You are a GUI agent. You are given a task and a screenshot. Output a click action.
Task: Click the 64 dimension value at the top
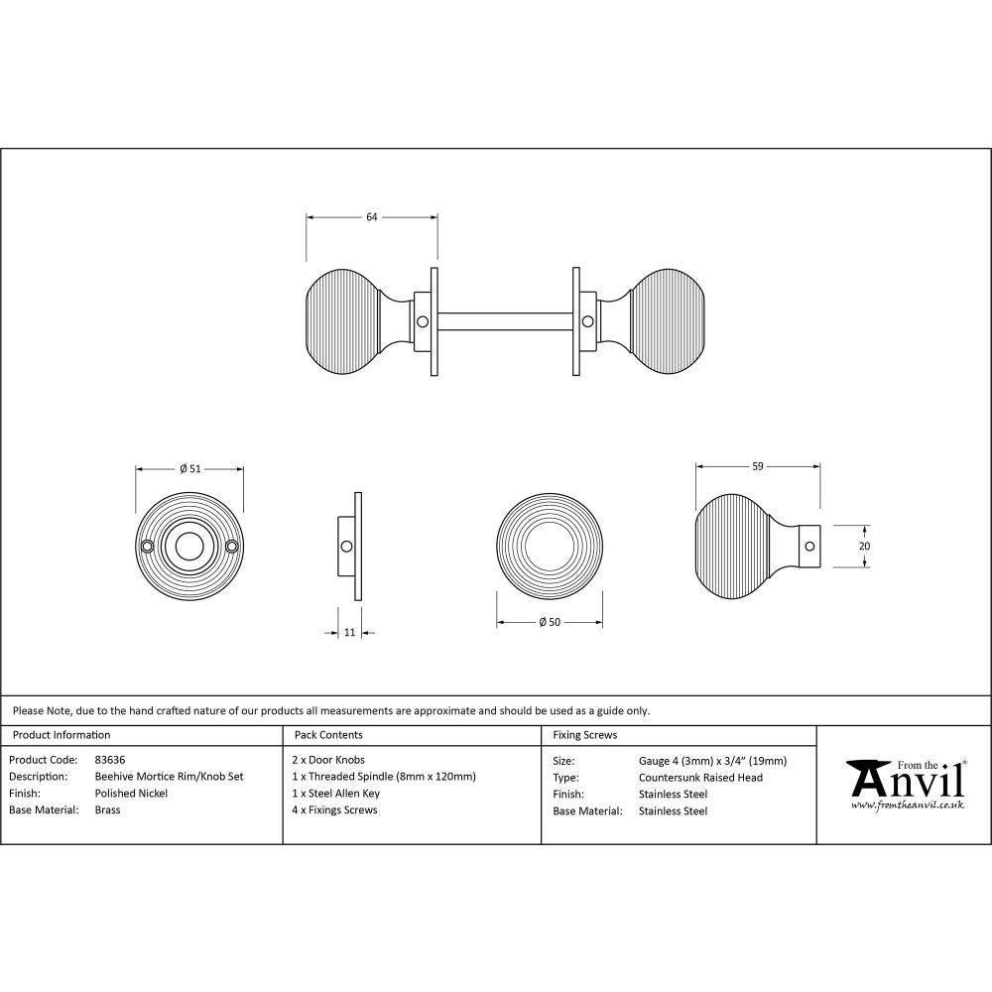[372, 217]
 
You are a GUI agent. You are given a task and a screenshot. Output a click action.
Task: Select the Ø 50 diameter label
[550, 622]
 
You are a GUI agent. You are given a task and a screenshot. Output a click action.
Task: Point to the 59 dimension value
[758, 465]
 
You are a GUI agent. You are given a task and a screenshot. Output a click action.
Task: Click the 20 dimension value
[863, 546]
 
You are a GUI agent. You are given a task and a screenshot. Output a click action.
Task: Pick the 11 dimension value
[349, 632]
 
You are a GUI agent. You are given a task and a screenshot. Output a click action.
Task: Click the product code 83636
[110, 760]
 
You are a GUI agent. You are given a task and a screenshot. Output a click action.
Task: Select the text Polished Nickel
[131, 794]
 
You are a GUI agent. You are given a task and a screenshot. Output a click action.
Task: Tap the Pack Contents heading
[328, 735]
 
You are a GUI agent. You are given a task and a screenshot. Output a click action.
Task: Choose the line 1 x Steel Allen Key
[337, 794]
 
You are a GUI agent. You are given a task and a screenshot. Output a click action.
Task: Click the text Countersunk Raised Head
[700, 778]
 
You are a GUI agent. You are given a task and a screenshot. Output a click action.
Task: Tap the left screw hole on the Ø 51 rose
[148, 547]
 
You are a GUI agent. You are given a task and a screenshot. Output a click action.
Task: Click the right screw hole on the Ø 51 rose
[232, 547]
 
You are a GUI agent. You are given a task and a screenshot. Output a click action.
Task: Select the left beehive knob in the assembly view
[343, 322]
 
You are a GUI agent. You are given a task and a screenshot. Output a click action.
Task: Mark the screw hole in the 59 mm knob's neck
[808, 546]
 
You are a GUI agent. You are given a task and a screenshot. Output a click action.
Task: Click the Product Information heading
[61, 735]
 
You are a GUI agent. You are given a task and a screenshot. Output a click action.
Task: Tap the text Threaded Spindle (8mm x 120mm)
[392, 777]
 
